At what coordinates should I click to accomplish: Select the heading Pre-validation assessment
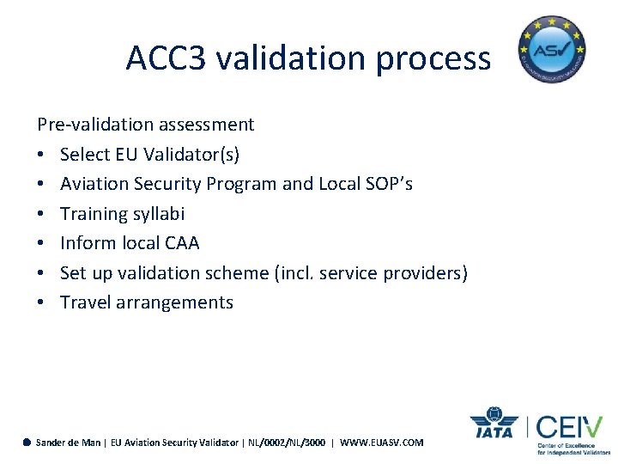[146, 125]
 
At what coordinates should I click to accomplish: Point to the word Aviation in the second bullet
[93, 184]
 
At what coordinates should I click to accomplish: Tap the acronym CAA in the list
[181, 243]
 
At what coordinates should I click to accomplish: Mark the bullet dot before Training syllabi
[41, 214]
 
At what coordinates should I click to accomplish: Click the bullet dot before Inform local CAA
[41, 243]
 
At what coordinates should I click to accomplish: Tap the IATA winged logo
[494, 424]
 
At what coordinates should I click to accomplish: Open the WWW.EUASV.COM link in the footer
[382, 443]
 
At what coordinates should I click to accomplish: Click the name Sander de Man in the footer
[68, 443]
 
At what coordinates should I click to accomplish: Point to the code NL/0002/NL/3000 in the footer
[286, 443]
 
